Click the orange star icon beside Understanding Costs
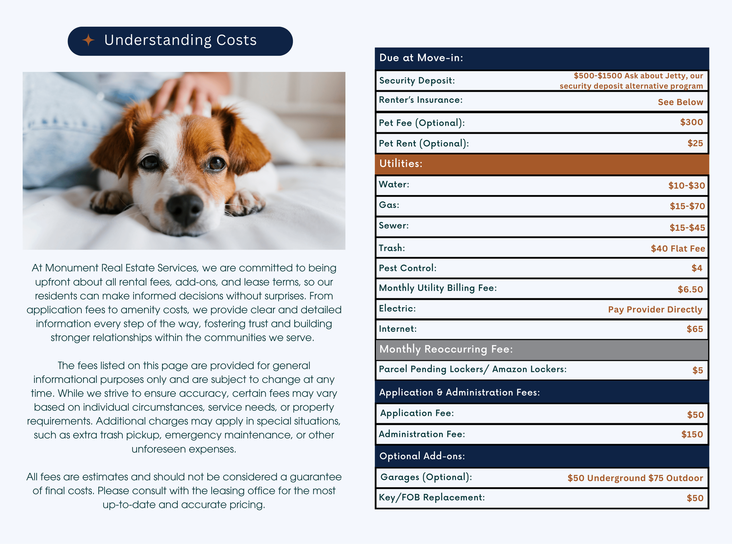pyautogui.click(x=88, y=40)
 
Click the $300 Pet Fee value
pyautogui.click(x=691, y=122)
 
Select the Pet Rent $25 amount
pyautogui.click(x=695, y=143)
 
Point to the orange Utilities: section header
pyautogui.click(x=541, y=164)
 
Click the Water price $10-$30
pyautogui.click(x=686, y=186)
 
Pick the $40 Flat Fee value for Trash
pyautogui.click(x=677, y=248)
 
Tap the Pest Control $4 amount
pyautogui.click(x=697, y=268)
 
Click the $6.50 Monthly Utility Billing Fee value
pyautogui.click(x=690, y=289)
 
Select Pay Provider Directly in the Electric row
pyautogui.click(x=655, y=309)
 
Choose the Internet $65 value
pyautogui.click(x=695, y=329)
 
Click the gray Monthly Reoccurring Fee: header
pyautogui.click(x=541, y=349)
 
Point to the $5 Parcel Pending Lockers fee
pyautogui.click(x=697, y=370)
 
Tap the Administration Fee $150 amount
pyautogui.click(x=692, y=434)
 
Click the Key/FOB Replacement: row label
pyautogui.click(x=432, y=498)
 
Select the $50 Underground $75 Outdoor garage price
pyautogui.click(x=635, y=478)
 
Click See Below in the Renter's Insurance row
pyautogui.click(x=680, y=102)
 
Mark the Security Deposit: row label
pyautogui.click(x=417, y=81)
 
